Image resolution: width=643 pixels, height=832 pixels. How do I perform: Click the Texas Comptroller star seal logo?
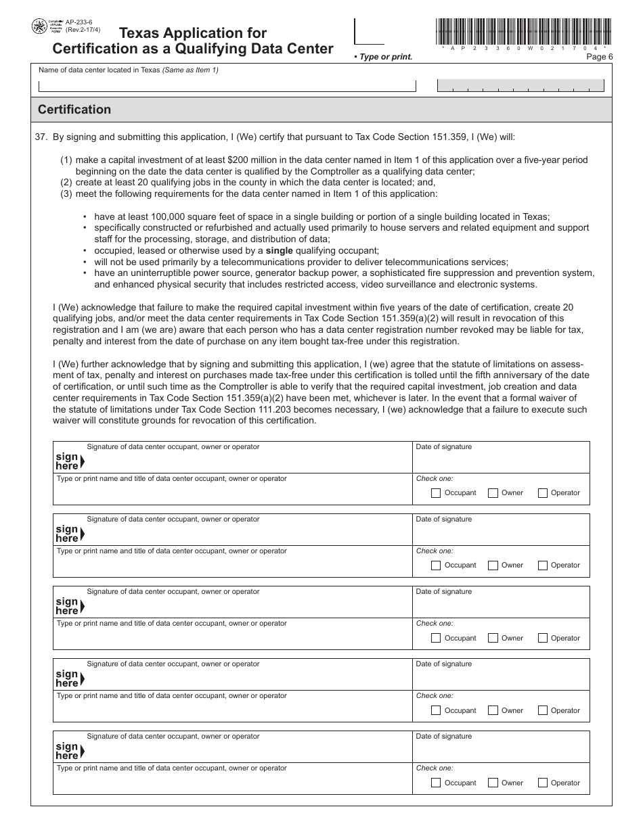point(40,28)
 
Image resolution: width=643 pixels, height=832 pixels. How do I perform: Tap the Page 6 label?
point(599,57)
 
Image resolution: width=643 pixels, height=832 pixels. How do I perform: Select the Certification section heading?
point(74,110)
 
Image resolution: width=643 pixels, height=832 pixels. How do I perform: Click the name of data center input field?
point(227,86)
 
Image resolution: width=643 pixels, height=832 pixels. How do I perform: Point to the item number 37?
point(41,137)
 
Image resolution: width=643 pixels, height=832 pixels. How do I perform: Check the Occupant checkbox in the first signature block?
point(436,493)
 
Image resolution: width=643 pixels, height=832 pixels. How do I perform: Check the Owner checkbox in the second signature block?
point(493,565)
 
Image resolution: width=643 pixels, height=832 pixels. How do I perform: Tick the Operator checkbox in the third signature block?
point(542,638)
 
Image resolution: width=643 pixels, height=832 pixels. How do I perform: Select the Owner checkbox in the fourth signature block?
point(493,710)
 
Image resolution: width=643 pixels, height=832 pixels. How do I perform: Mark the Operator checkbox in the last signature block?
point(542,783)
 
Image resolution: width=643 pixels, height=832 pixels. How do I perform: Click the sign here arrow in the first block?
point(82,462)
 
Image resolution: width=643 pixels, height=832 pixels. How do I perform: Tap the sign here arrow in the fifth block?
point(82,752)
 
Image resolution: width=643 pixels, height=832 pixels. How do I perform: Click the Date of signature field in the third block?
point(501,606)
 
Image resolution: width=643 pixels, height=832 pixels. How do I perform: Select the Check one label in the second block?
point(435,551)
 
